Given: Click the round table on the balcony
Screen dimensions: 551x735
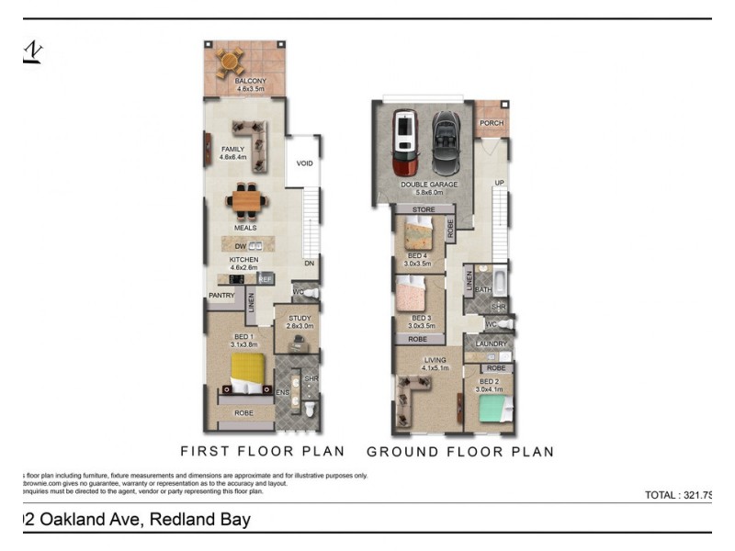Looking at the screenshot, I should tap(230, 63).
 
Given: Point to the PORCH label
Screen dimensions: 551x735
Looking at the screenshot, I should tap(492, 123).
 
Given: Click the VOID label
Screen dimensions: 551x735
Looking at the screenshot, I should tap(304, 163).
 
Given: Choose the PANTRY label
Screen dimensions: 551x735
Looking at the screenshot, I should tap(221, 296).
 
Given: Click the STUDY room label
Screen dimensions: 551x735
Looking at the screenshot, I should tap(300, 319).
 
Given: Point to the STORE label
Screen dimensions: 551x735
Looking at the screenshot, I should tap(424, 210).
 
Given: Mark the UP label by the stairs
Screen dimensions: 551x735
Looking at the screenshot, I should tap(499, 183).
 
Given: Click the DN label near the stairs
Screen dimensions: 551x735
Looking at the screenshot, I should tap(310, 263).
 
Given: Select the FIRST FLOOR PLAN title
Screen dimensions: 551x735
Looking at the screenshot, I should tap(263, 451).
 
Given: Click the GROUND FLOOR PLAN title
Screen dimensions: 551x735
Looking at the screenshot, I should tap(460, 451).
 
